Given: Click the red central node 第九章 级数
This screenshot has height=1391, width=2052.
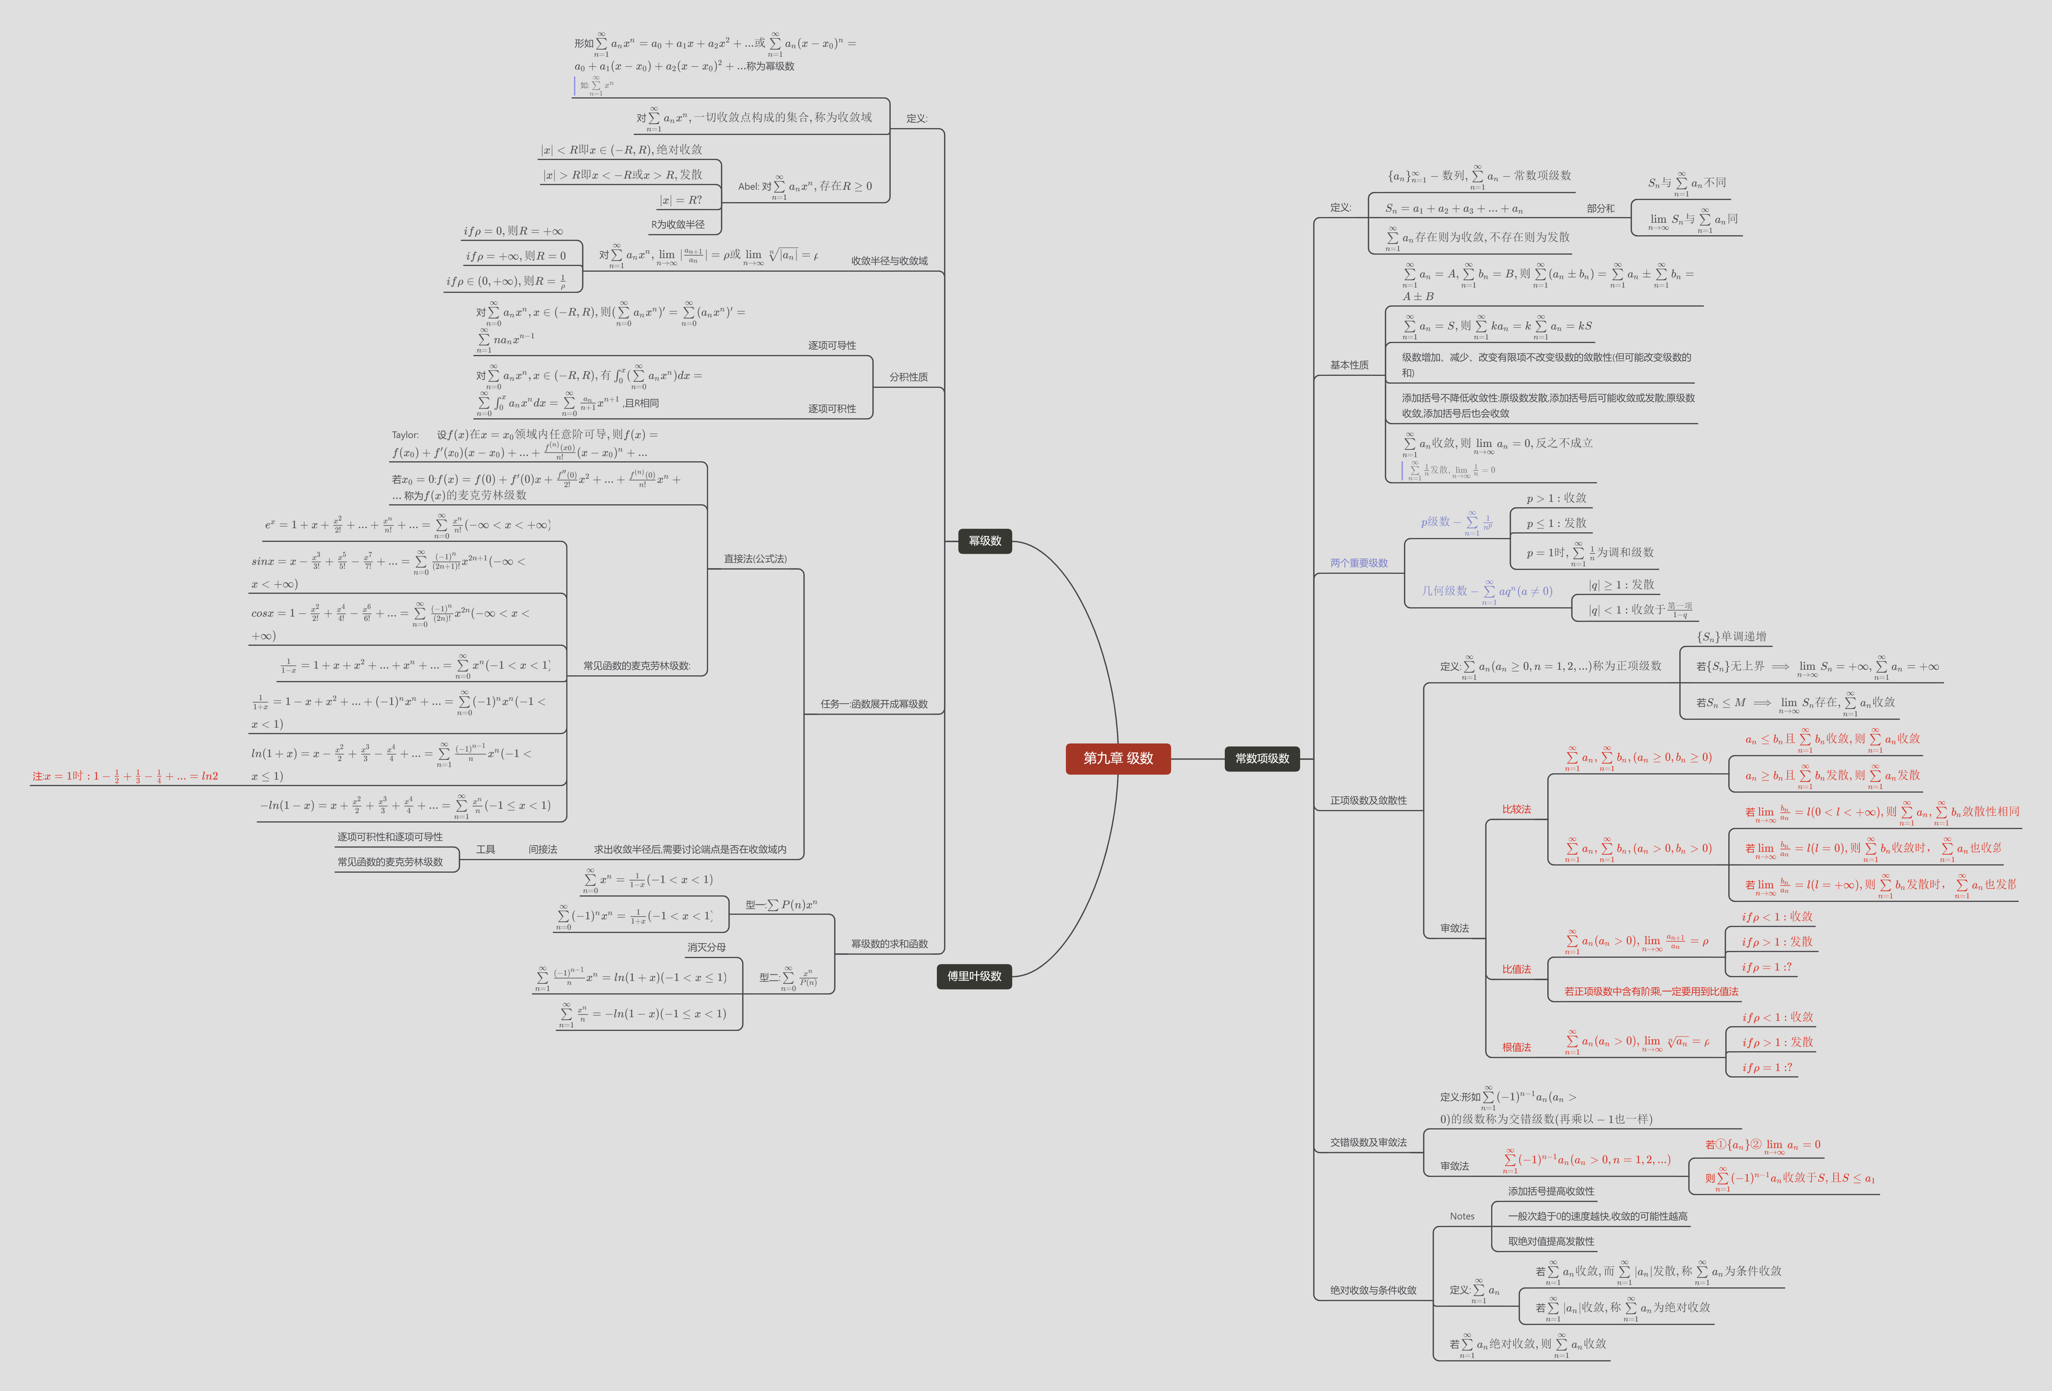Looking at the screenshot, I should coord(1118,758).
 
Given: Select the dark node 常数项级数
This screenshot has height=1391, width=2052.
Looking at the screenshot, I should coord(1262,758).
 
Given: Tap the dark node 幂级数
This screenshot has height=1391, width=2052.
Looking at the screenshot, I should coord(985,541).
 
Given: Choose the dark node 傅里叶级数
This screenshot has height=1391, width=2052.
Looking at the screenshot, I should coord(974,976).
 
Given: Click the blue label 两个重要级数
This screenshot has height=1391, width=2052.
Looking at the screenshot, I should coord(1359,563).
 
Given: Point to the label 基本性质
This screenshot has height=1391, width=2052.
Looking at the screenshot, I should coord(1349,365).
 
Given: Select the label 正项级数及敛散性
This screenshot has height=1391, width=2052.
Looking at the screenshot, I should coord(1369,800).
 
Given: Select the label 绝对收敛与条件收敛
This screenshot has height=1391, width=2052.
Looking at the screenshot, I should coord(1373,1290).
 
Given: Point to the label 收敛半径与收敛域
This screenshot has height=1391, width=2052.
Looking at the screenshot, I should coord(889,261).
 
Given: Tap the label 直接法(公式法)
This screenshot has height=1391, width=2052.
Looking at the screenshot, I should coord(755,559).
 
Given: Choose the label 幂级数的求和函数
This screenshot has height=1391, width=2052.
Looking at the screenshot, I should coord(889,944).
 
